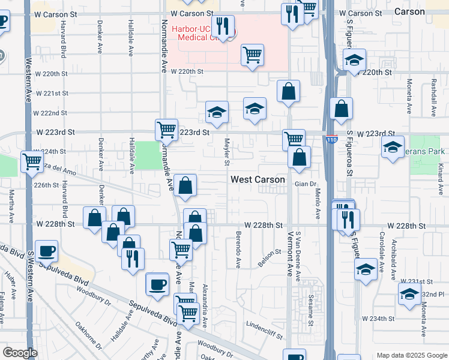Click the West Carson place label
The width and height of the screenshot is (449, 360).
tap(258, 179)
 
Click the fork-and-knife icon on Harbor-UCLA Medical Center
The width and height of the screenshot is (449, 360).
tap(223, 26)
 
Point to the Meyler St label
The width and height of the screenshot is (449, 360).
tap(227, 152)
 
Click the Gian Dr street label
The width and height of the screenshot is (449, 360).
tap(305, 184)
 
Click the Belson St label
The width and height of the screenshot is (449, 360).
tap(270, 256)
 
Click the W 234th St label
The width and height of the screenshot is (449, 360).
tap(378, 318)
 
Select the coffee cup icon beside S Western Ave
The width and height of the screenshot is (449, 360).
tap(46, 251)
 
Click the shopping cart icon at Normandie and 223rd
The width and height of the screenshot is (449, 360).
tap(166, 129)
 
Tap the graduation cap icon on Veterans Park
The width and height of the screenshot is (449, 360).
tap(393, 147)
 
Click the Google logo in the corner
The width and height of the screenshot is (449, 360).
tap(20, 353)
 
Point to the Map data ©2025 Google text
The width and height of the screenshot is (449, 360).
tap(411, 355)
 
